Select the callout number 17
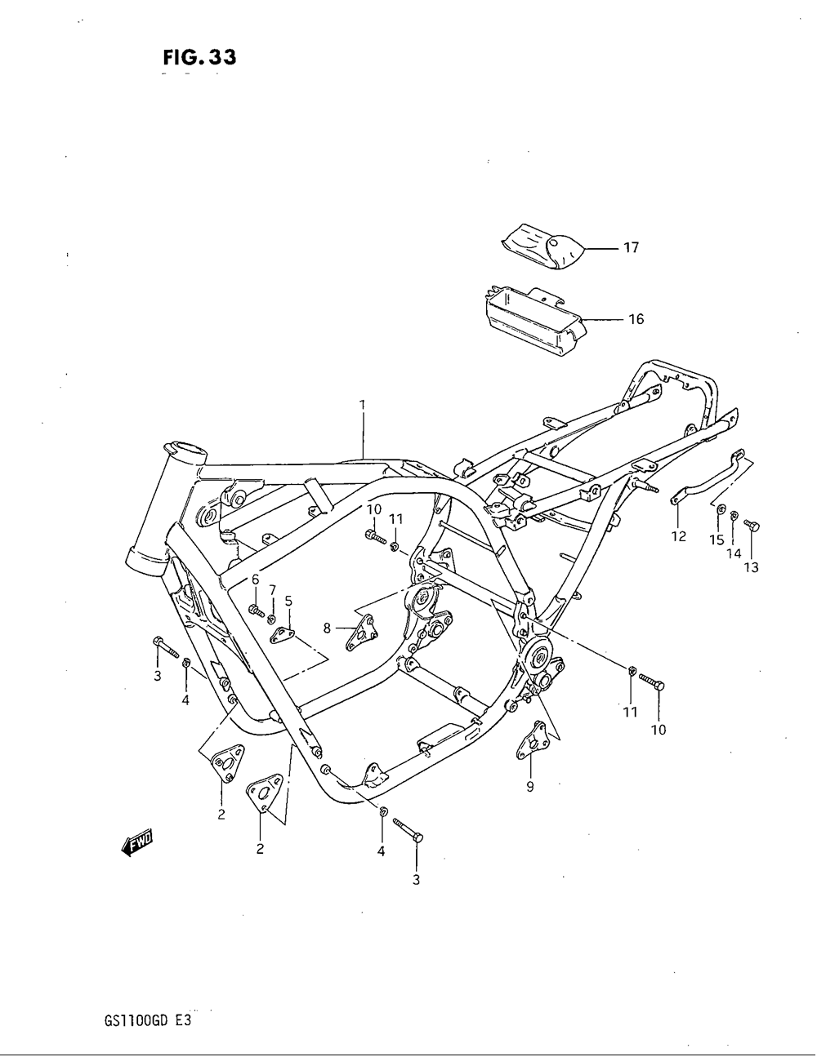[x=631, y=247]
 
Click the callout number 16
[x=635, y=319]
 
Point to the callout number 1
[x=361, y=404]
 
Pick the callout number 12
[x=678, y=537]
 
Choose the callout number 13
[x=751, y=567]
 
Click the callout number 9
[x=530, y=787]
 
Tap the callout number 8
[x=327, y=628]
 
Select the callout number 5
[x=288, y=602]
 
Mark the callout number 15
[x=717, y=540]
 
